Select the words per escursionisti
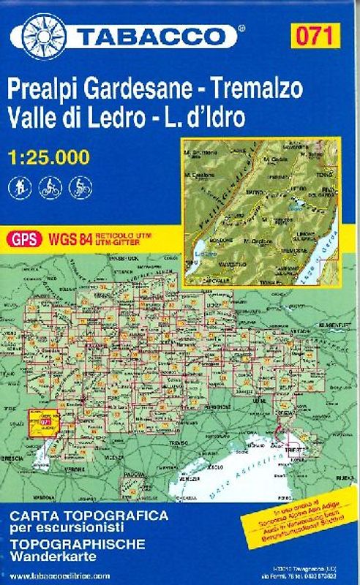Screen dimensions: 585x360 click(x=62, y=528)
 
